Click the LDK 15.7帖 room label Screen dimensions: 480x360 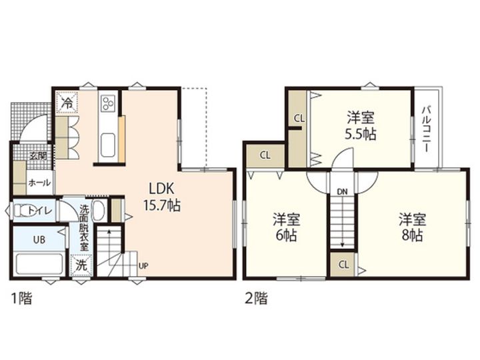[x=162, y=197]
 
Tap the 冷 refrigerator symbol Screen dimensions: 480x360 [x=67, y=102]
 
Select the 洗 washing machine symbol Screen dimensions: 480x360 [x=81, y=265]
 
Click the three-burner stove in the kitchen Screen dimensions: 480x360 [x=109, y=102]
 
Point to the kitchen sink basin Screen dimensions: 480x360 [x=108, y=145]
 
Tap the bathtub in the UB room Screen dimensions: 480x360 [x=39, y=264]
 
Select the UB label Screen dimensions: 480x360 [x=39, y=240]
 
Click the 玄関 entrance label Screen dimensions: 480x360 [x=38, y=156]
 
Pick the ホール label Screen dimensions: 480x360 [x=39, y=183]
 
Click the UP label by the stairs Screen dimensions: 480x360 [x=143, y=266]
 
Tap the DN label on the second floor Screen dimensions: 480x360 [x=342, y=192]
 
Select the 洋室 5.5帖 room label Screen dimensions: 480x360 [x=360, y=125]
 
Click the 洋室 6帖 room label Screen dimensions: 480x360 [x=286, y=227]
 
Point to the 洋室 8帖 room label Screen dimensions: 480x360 [x=412, y=227]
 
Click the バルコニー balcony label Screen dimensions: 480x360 [x=426, y=129]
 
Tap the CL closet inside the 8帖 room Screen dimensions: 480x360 [x=344, y=265]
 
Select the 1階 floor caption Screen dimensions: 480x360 [x=21, y=299]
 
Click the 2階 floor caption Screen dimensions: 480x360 [x=256, y=299]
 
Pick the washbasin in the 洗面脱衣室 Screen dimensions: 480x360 [x=98, y=210]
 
